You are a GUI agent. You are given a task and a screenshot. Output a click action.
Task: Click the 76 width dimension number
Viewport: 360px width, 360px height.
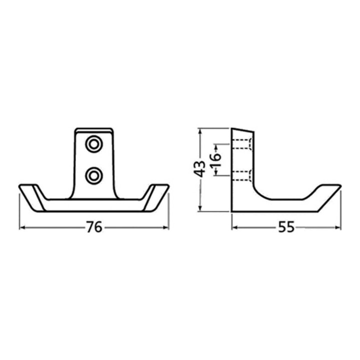(x=94, y=227)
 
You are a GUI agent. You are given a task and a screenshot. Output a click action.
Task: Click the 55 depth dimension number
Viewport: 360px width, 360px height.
(x=286, y=227)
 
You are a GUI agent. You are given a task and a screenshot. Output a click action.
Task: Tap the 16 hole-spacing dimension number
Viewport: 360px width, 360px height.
(x=215, y=160)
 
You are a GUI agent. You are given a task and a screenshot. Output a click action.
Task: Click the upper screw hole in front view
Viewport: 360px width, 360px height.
(x=93, y=144)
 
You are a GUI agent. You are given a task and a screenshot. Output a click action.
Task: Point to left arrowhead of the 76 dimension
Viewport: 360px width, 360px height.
(x=22, y=227)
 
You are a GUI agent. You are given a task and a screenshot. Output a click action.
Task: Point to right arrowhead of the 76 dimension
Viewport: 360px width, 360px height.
(x=166, y=227)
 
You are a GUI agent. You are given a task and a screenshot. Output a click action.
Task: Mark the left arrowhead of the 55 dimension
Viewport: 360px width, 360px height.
(x=234, y=227)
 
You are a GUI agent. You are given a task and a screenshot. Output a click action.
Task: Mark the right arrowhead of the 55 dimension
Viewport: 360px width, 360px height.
(x=338, y=227)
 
